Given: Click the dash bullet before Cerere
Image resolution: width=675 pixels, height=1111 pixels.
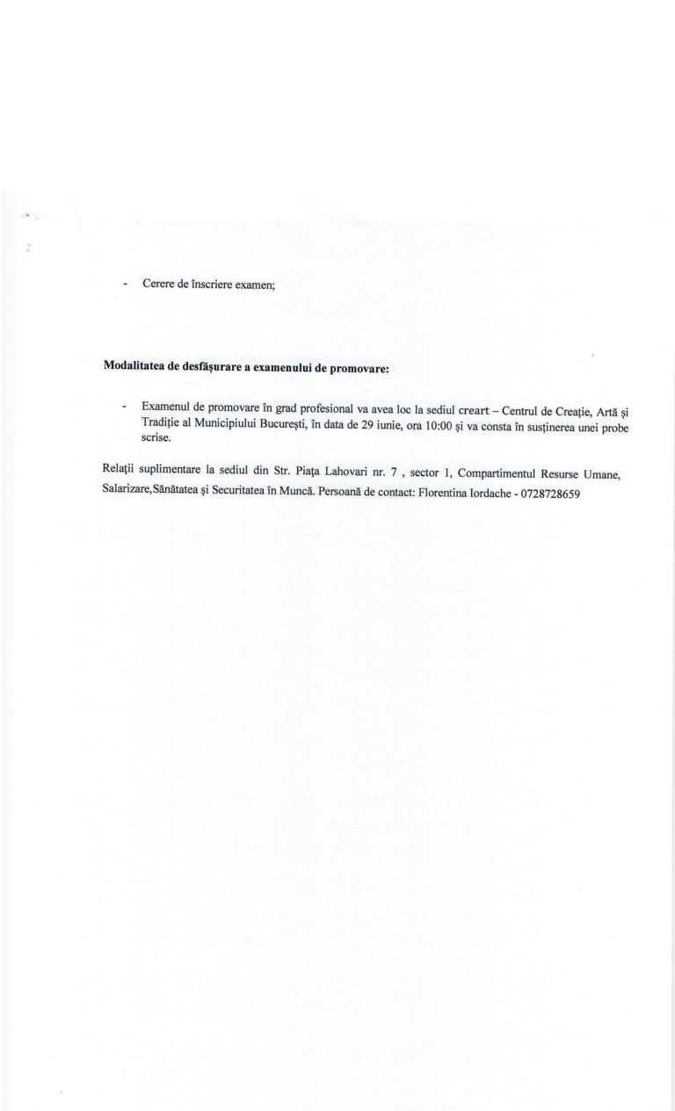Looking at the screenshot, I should click(126, 285).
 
